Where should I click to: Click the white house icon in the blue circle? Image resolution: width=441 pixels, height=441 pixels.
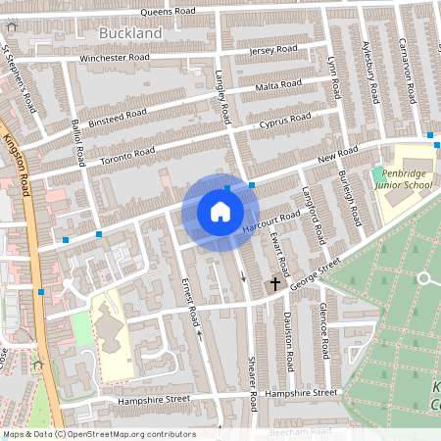220,211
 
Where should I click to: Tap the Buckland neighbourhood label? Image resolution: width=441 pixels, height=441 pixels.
129,33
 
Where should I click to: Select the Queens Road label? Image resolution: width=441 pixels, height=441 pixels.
168,12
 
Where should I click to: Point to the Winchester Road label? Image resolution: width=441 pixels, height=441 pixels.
116,58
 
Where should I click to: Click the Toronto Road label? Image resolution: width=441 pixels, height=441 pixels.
128,154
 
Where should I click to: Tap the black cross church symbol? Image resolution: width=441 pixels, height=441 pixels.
274,284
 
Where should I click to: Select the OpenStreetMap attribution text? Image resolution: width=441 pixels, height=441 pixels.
98,434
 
